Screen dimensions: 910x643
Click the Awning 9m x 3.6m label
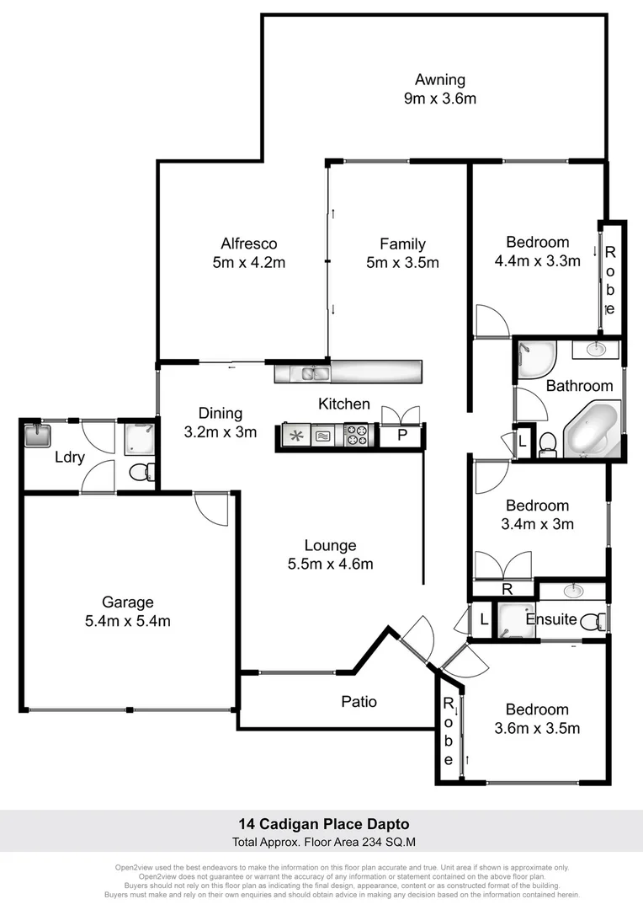[x=439, y=89]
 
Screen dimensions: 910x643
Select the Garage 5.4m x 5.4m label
[x=128, y=612]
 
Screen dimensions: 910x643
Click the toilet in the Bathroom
[x=547, y=443]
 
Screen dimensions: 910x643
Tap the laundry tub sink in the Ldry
[x=38, y=435]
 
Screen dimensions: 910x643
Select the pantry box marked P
[x=401, y=436]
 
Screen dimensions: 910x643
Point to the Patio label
[x=359, y=701]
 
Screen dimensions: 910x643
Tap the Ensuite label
[x=551, y=619]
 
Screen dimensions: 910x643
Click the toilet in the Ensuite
[x=597, y=621]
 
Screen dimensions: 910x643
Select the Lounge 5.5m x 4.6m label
[x=331, y=554]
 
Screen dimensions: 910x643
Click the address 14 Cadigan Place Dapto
[x=321, y=824]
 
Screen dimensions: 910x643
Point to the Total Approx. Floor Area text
[x=321, y=842]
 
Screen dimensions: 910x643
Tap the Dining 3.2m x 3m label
[x=221, y=422]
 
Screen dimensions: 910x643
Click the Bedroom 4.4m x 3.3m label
[x=537, y=251]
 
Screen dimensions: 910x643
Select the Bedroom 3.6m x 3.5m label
[x=537, y=719]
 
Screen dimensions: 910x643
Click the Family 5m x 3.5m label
[x=402, y=253]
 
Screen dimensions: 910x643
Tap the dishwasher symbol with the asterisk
[x=295, y=436]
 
